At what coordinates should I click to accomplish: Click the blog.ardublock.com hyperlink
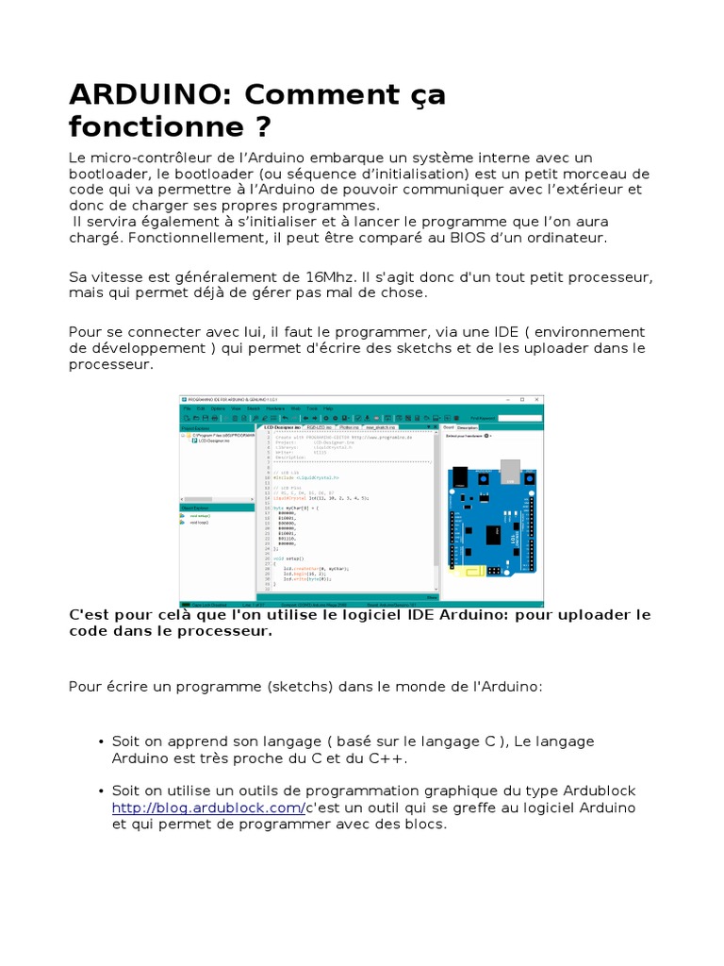point(207,808)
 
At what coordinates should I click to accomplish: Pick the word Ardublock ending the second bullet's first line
point(600,791)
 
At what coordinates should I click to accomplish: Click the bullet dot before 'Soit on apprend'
point(100,742)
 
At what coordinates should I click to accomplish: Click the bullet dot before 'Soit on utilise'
point(100,791)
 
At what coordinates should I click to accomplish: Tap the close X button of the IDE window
point(536,400)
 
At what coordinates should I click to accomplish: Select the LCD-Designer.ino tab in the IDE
point(282,426)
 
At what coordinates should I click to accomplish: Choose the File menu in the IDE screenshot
point(188,408)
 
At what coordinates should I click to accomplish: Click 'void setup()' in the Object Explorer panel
point(200,516)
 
